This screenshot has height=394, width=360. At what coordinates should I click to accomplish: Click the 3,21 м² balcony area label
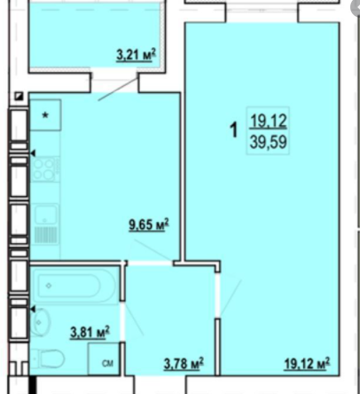[136, 55]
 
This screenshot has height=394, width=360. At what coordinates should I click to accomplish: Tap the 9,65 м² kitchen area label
[149, 225]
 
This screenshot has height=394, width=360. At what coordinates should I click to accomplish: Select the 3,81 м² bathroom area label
[90, 332]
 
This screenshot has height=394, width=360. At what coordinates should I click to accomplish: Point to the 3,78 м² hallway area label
[184, 363]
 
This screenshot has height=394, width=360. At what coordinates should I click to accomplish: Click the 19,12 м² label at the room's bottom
[307, 363]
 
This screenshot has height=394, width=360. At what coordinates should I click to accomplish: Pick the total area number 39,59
[269, 142]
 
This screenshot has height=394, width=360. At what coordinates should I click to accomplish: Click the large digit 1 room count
[234, 130]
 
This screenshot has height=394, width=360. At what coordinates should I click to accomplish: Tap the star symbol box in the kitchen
[45, 115]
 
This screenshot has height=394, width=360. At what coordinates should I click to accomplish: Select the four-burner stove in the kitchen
[44, 169]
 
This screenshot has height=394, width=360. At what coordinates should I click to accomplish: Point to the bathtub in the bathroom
[74, 286]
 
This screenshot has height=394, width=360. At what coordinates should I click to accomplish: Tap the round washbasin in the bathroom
[40, 322]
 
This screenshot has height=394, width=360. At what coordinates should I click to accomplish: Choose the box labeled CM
[104, 359]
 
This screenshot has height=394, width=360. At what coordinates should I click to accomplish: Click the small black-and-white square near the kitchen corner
[20, 97]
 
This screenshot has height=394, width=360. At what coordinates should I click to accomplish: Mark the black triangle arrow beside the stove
[33, 153]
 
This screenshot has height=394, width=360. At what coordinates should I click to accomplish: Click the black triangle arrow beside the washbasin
[33, 310]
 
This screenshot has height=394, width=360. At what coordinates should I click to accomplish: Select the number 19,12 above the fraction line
[269, 122]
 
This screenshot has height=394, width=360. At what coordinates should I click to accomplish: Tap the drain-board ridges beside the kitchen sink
[45, 235]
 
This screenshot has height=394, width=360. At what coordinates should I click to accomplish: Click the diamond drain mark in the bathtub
[49, 286]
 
